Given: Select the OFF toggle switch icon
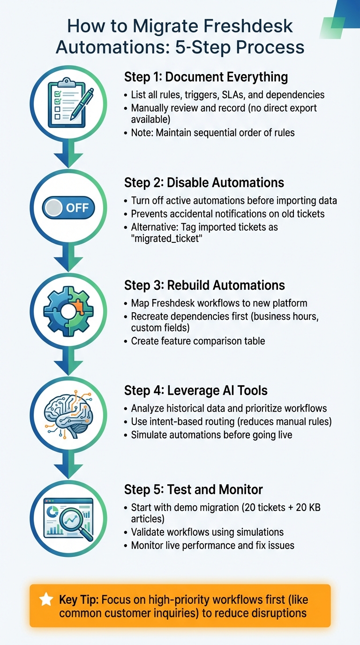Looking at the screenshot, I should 69,207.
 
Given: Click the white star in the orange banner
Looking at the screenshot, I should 46,599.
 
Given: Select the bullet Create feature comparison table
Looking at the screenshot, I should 198,341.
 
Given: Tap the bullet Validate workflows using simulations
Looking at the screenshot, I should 207,532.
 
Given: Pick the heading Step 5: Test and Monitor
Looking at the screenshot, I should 193,489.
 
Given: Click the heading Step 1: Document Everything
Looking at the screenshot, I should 206,77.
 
